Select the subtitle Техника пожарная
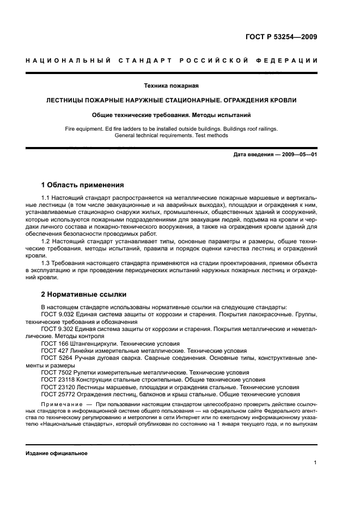pos(170,86)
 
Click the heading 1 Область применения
pos(82,185)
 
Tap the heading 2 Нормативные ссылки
pos(84,295)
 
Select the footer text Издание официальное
pos(57,453)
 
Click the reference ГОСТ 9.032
pos(56,315)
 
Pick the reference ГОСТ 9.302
pos(56,329)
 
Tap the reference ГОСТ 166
pos(53,344)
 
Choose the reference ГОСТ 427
pos(53,351)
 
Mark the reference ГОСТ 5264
pos(55,358)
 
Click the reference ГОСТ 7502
pos(55,372)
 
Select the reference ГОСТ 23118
pos(57,379)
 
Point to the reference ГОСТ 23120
pos(57,387)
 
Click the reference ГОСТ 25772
pos(57,394)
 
